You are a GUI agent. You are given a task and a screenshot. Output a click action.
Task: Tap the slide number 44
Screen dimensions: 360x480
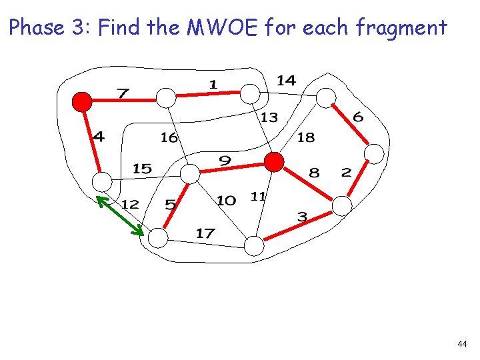(462, 344)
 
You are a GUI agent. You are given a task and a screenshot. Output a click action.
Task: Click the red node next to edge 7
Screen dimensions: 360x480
(82, 101)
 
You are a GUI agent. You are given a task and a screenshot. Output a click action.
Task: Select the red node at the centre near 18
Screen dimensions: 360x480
(273, 161)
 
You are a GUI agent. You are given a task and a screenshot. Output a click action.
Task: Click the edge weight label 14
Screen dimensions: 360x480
(286, 81)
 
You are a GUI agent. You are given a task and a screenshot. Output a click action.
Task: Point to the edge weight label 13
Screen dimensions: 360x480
(269, 118)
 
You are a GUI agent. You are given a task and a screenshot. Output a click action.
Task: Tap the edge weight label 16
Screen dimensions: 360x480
(169, 137)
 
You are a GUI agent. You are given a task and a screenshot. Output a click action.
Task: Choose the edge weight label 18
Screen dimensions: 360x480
(305, 137)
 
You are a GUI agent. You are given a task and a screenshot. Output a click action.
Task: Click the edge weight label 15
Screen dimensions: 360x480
(142, 169)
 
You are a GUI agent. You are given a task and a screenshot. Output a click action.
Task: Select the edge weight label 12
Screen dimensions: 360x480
(130, 204)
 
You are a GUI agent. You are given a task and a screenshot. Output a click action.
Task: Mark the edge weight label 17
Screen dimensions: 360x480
(205, 233)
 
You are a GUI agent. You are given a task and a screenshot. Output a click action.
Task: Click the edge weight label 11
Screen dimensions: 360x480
(258, 196)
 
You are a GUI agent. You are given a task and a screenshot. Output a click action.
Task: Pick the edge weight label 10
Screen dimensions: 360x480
(227, 200)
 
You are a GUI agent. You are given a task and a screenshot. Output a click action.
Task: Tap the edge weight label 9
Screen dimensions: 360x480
(225, 161)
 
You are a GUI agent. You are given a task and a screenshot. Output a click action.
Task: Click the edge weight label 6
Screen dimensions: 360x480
(358, 117)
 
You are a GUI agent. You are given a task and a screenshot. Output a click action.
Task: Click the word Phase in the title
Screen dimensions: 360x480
(37, 28)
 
